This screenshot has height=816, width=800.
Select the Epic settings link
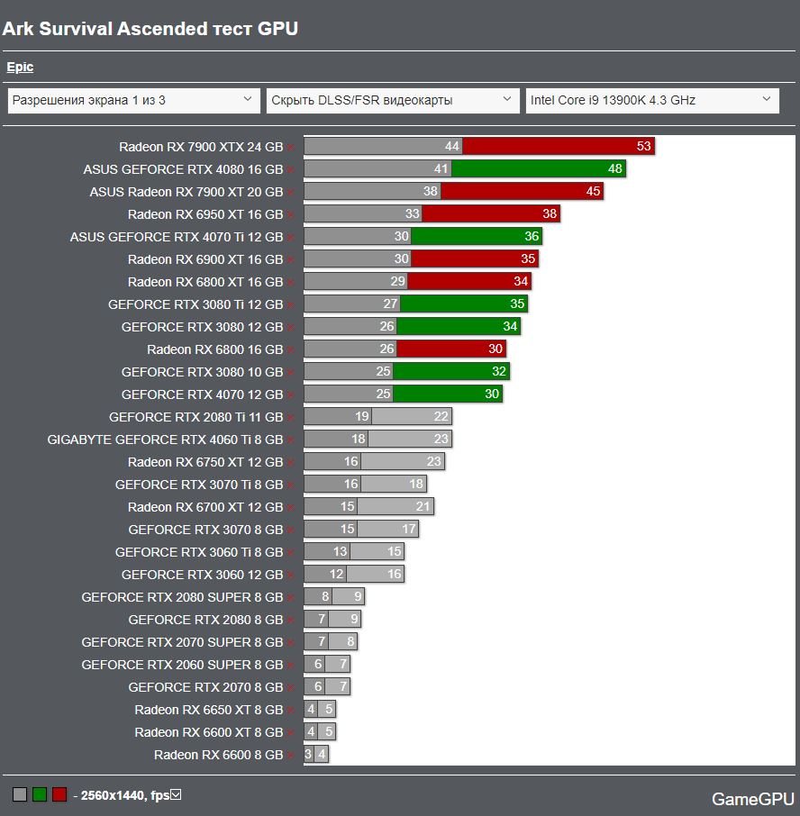coord(20,68)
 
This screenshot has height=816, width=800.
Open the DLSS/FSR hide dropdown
coord(393,100)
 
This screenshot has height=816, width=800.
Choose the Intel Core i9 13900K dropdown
coord(652,100)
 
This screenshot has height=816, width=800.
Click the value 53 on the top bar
coord(643,146)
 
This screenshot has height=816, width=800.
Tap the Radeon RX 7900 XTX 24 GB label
coord(201,146)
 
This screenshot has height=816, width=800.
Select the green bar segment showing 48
coord(538,168)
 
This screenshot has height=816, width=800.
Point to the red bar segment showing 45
coord(522,191)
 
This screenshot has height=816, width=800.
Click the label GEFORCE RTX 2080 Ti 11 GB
coord(195,417)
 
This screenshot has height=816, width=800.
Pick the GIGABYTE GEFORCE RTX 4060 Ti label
coord(165,440)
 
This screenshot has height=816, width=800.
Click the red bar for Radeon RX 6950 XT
coord(491,213)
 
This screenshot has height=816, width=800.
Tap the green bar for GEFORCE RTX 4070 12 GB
coord(448,394)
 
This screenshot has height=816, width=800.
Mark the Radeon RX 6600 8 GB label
coord(218,755)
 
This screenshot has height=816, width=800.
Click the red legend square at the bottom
coord(59,794)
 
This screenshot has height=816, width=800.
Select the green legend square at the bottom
coord(40,794)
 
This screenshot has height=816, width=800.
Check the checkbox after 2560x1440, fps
coord(176,794)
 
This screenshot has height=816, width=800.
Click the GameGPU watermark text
coord(753,799)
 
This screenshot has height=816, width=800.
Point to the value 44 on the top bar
coord(452,146)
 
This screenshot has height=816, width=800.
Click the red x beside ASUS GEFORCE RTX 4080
coord(290,169)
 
